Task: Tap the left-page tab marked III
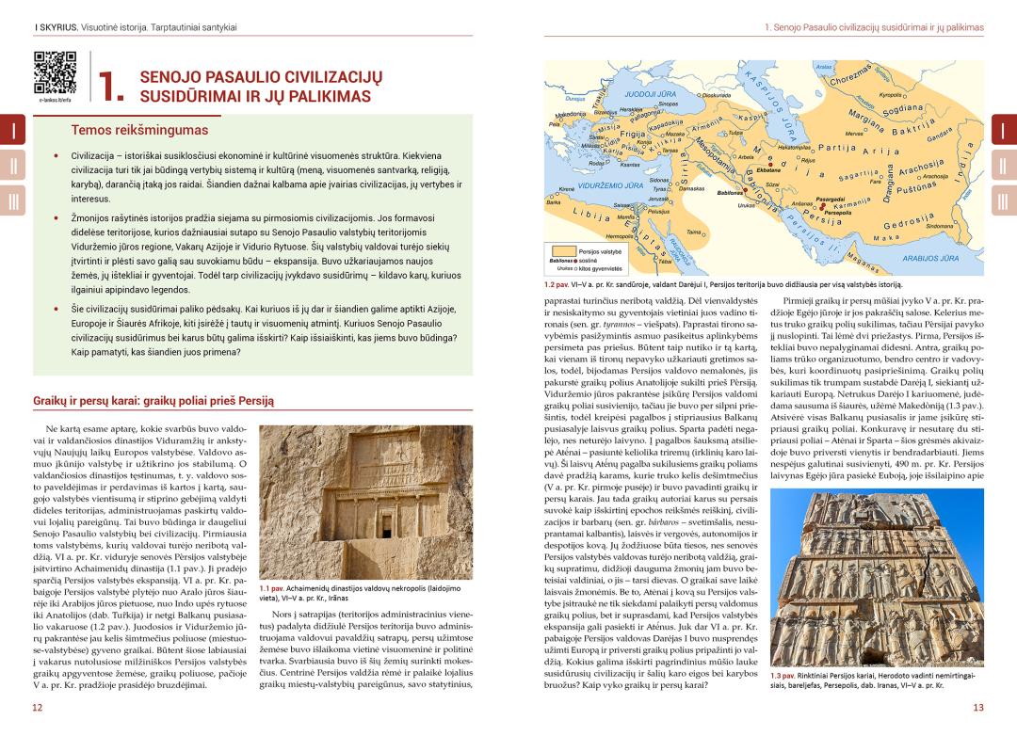point(13,201)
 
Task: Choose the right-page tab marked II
point(1003,166)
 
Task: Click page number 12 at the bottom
point(37,707)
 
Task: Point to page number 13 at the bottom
point(978,707)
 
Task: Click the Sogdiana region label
point(903,110)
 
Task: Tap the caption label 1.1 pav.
point(272,588)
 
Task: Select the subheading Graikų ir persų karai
point(153,400)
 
